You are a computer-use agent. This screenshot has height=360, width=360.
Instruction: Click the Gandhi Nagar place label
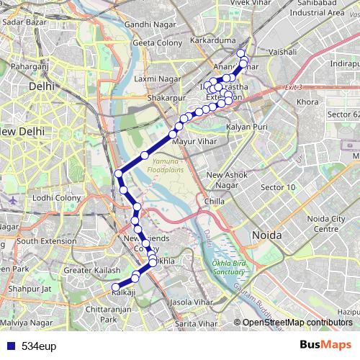(148, 25)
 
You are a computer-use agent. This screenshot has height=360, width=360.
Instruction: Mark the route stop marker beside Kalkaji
(114, 287)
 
